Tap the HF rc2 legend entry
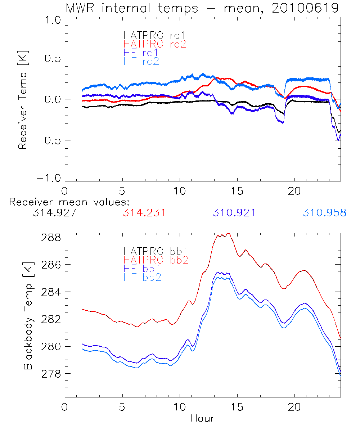(141, 61)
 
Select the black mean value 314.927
(54, 213)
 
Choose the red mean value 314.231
(144, 213)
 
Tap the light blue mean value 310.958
(324, 213)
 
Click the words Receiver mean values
(69, 202)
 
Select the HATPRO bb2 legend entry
(156, 259)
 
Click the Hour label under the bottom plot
(202, 418)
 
